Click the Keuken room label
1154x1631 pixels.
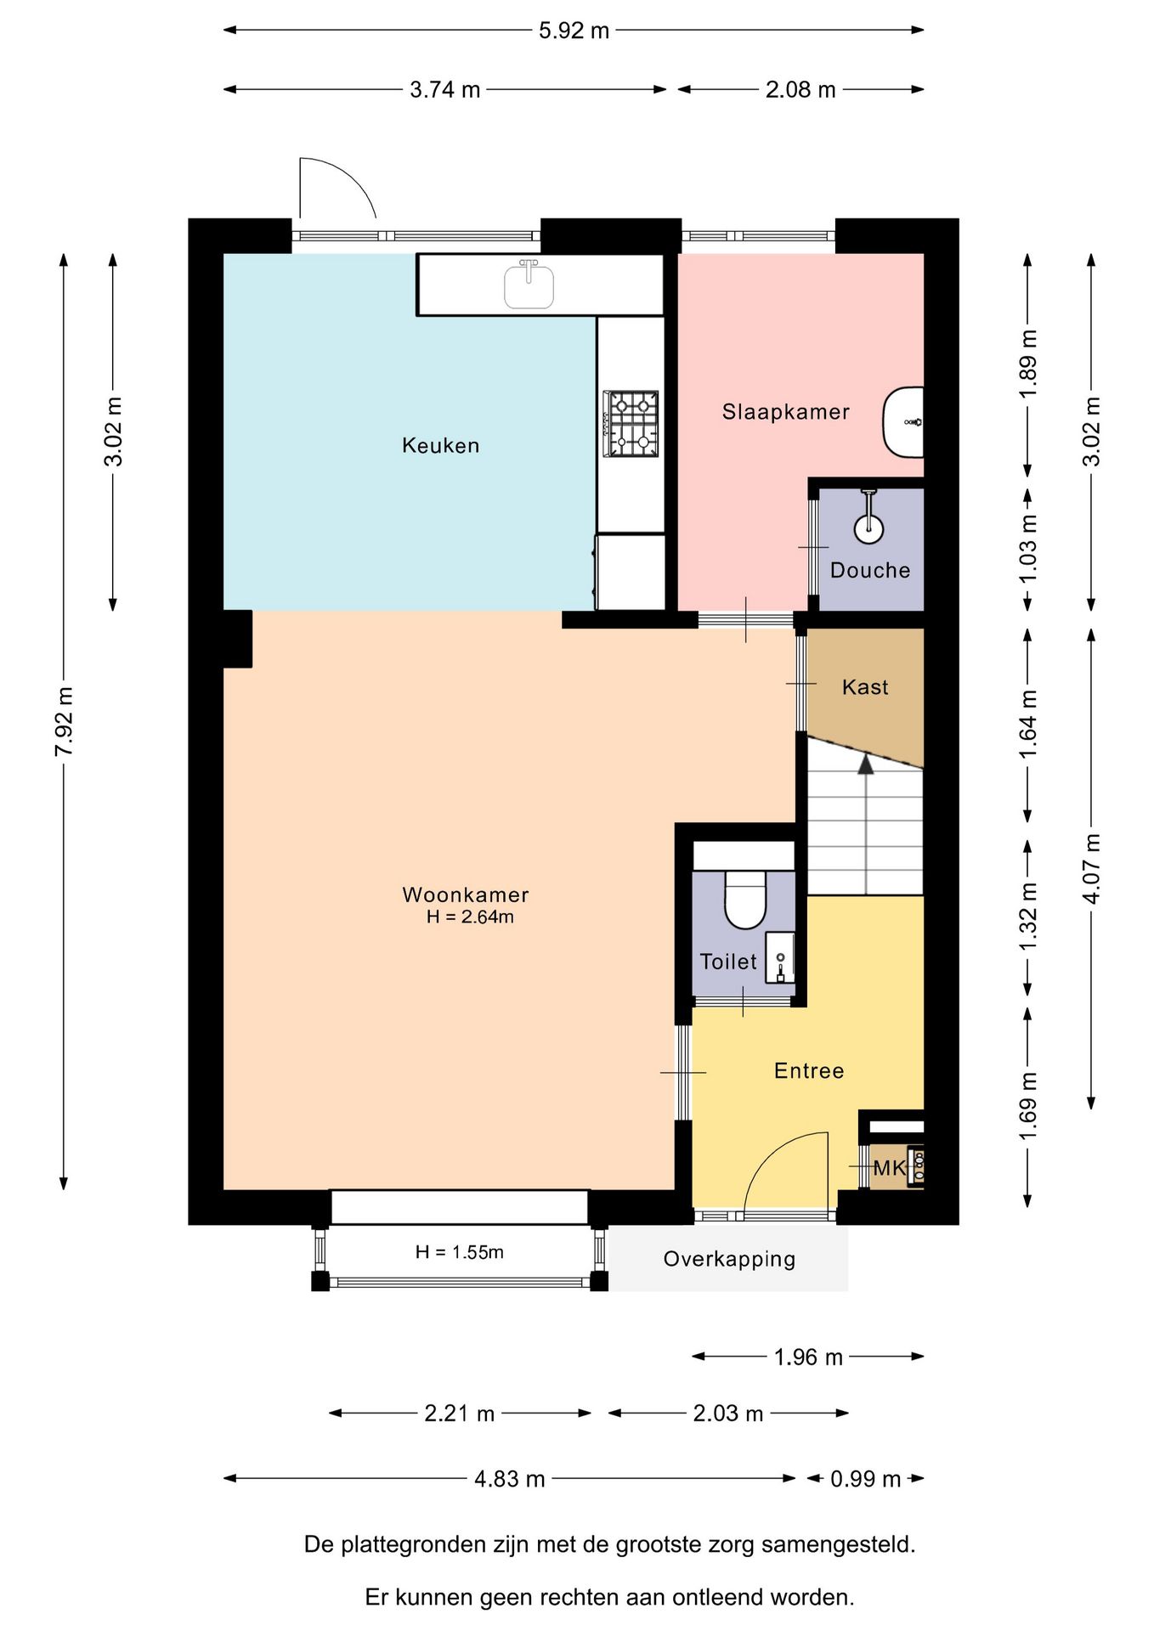click(440, 445)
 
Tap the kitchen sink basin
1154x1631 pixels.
click(529, 285)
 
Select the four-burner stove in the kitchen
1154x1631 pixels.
click(631, 423)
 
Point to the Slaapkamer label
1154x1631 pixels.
click(786, 412)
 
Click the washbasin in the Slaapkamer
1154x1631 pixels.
click(903, 422)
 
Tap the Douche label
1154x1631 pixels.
click(870, 570)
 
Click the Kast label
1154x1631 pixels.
click(865, 686)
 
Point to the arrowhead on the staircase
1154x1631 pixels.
click(865, 764)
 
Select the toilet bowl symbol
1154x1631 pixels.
click(745, 899)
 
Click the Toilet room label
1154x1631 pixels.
click(728, 962)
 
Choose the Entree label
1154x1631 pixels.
click(809, 1070)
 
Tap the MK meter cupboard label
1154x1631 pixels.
click(890, 1168)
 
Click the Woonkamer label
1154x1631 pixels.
click(466, 895)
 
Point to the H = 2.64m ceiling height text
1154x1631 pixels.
click(470, 917)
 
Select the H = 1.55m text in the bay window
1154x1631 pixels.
click(460, 1252)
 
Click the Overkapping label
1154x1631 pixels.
click(729, 1259)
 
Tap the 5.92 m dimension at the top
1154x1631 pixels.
click(574, 31)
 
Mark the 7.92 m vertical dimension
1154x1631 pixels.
click(65, 721)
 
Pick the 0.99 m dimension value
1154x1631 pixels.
click(865, 1479)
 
